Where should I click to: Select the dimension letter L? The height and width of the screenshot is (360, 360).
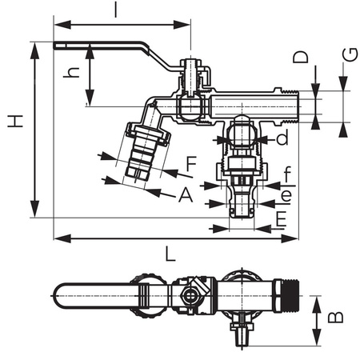pyautogui.click(x=170, y=254)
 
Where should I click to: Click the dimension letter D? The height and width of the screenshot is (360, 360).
pyautogui.click(x=300, y=58)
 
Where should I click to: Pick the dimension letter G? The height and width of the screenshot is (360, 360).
pyautogui.click(x=349, y=54)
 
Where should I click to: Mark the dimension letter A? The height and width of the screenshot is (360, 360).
pyautogui.click(x=185, y=194)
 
